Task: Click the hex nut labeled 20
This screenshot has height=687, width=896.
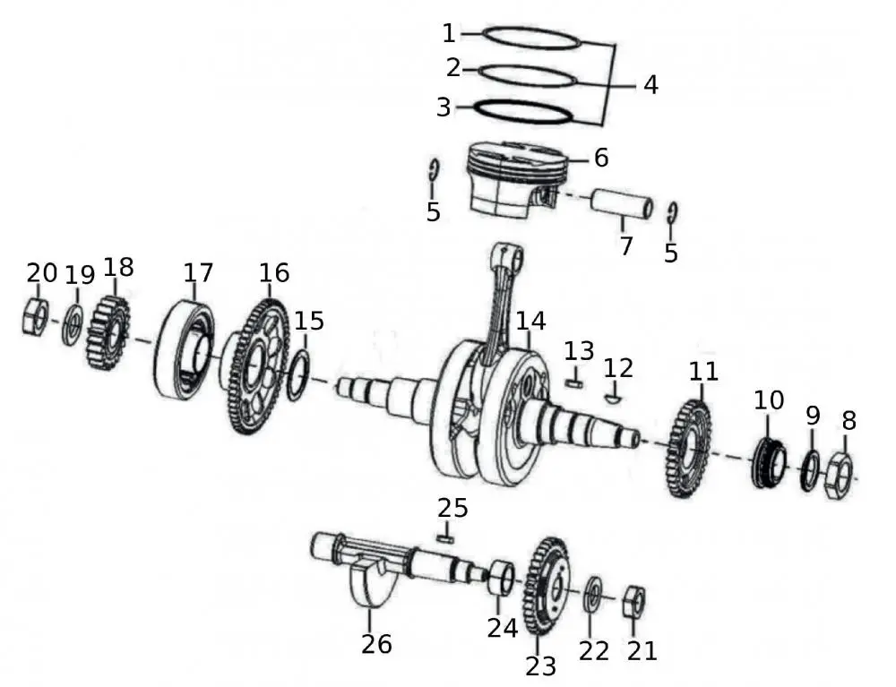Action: coord(35,317)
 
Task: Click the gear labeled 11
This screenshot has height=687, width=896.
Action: coord(689,449)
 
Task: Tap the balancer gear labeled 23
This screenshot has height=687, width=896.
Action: coord(547,587)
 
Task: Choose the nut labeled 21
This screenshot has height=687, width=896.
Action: coord(633,601)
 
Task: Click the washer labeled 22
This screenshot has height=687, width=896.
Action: coord(592,595)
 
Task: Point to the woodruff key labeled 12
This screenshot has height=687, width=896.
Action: coord(613,395)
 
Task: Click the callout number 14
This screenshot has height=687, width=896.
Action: coord(530,320)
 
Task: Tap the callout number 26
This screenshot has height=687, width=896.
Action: coord(376,642)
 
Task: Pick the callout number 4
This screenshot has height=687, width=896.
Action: coord(650,85)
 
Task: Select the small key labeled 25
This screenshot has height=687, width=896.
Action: coord(445,539)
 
